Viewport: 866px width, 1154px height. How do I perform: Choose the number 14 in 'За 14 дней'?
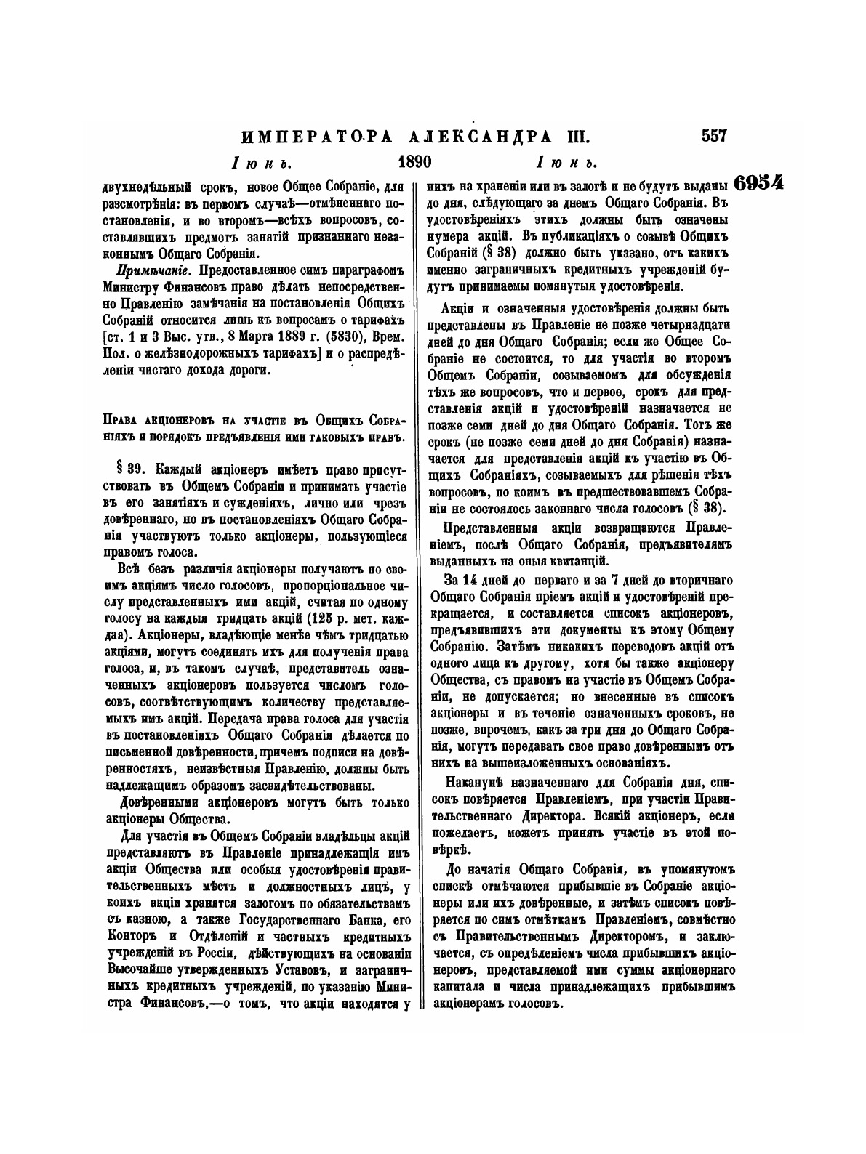coord(468,579)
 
